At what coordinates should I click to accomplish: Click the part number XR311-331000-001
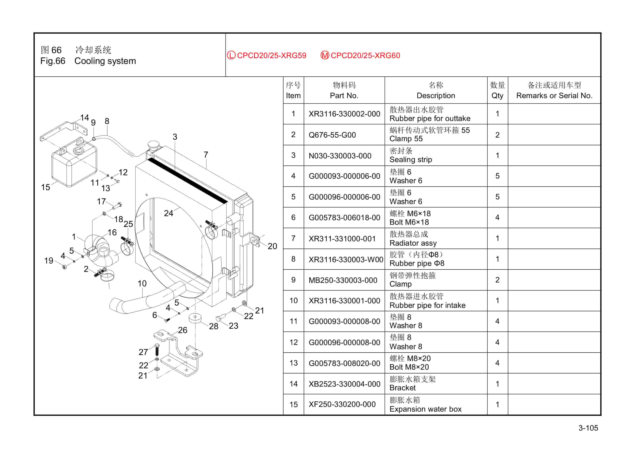tap(342, 239)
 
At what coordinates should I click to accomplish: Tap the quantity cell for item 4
tap(497, 176)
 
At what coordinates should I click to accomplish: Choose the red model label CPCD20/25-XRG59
tap(271, 55)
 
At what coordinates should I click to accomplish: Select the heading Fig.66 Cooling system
tap(88, 61)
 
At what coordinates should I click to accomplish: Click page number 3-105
tap(588, 428)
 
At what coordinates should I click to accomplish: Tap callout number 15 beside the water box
tap(45, 187)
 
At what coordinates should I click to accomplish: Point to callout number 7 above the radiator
tap(206, 155)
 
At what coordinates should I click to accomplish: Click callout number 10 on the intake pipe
tap(142, 284)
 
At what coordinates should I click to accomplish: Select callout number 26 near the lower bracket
tap(182, 330)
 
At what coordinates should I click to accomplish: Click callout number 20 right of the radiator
tap(272, 246)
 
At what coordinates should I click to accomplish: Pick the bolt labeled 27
tap(157, 350)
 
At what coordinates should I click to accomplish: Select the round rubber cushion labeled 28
tap(195, 318)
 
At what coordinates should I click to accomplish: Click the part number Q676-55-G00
tap(332, 135)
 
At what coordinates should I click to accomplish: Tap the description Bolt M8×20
tap(409, 367)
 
